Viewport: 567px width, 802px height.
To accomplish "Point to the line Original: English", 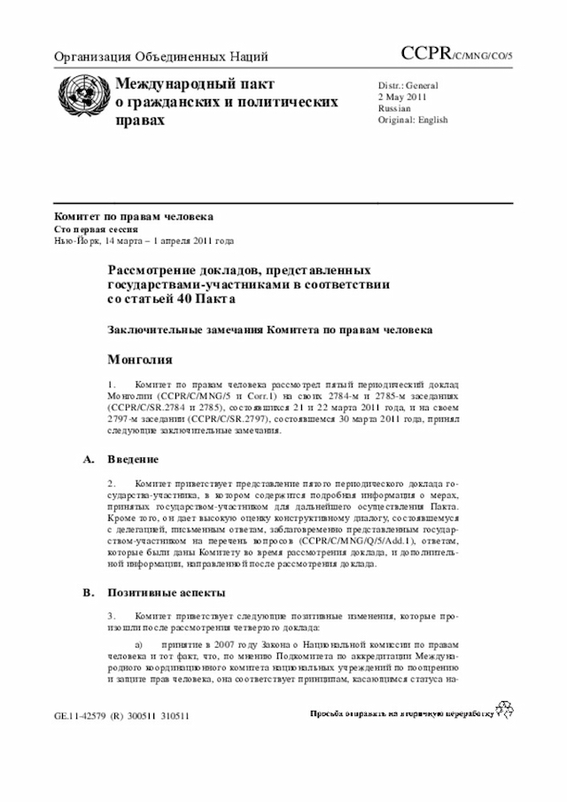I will (412, 120).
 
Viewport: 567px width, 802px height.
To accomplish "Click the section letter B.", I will (88, 592).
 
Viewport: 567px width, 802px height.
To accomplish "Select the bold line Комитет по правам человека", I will (133, 216).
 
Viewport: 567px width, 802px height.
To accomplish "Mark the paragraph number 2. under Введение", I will (112, 486).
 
